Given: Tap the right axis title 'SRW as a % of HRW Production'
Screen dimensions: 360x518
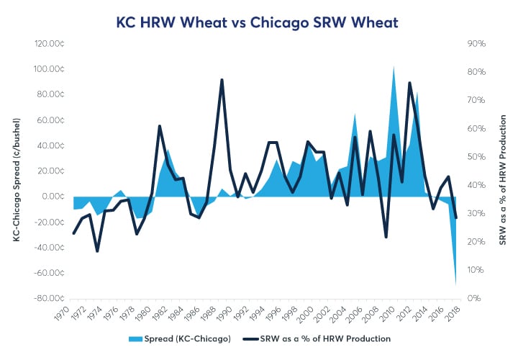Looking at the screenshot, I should tap(502, 171).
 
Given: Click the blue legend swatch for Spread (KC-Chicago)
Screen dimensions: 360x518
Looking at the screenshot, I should tap(158, 339).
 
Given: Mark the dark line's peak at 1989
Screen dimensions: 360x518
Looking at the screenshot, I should tap(222, 79).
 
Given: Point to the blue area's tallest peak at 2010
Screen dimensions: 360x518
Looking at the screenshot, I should tap(394, 66).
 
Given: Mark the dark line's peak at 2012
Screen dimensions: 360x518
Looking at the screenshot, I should tap(409, 83).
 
